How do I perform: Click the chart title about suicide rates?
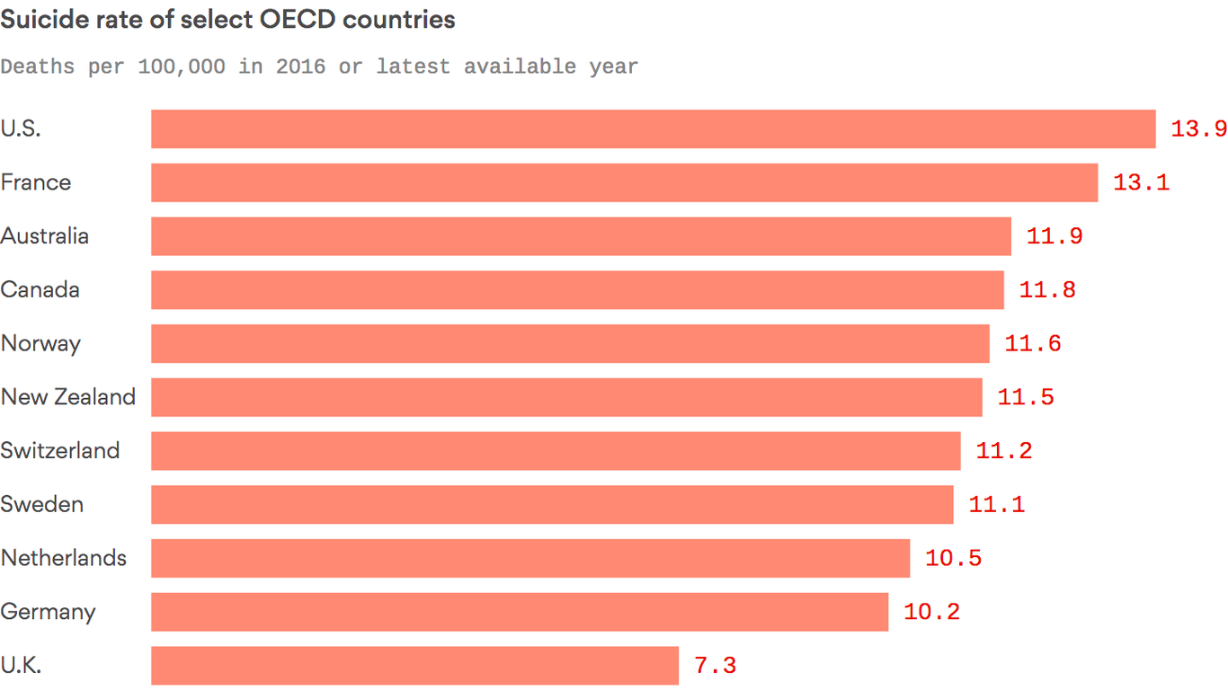[227, 20]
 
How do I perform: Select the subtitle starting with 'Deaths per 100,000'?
[319, 66]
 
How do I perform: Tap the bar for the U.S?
[653, 129]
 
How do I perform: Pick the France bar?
[624, 182]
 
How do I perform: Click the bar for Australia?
[581, 236]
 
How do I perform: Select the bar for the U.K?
[414, 666]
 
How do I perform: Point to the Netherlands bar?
[530, 558]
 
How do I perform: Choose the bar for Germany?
[520, 612]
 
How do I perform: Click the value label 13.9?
[1198, 129]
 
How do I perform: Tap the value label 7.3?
[716, 666]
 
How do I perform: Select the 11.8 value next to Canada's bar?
[1047, 290]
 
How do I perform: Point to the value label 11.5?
[1026, 397]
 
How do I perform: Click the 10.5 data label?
[953, 558]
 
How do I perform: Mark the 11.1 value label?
[996, 505]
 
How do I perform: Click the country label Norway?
[40, 344]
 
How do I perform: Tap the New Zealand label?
[68, 397]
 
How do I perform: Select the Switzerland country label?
[60, 451]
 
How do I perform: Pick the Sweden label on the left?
[42, 505]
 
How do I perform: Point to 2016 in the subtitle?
[300, 66]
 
